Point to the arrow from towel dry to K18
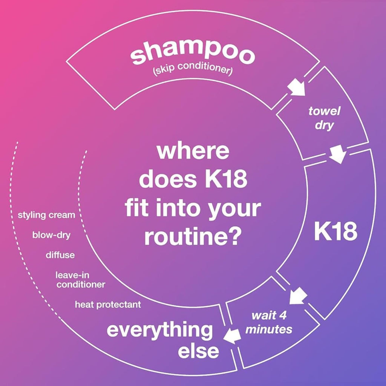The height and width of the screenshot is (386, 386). [x=337, y=155]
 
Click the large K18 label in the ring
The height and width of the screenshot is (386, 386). [x=335, y=233]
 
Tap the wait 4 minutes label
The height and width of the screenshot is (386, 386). [x=268, y=322]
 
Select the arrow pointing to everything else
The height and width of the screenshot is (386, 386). [x=231, y=335]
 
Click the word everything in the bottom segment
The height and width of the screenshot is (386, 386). [x=159, y=330]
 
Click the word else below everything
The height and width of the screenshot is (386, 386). [x=198, y=351]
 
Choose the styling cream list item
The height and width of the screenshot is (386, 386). [x=46, y=215]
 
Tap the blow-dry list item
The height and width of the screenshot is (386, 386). [x=51, y=235]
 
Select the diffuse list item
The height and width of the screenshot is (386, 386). [x=60, y=255]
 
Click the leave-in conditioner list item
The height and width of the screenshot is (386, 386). [x=80, y=280]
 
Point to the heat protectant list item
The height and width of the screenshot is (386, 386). [x=108, y=304]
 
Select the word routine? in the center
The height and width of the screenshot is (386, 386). [x=193, y=236]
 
